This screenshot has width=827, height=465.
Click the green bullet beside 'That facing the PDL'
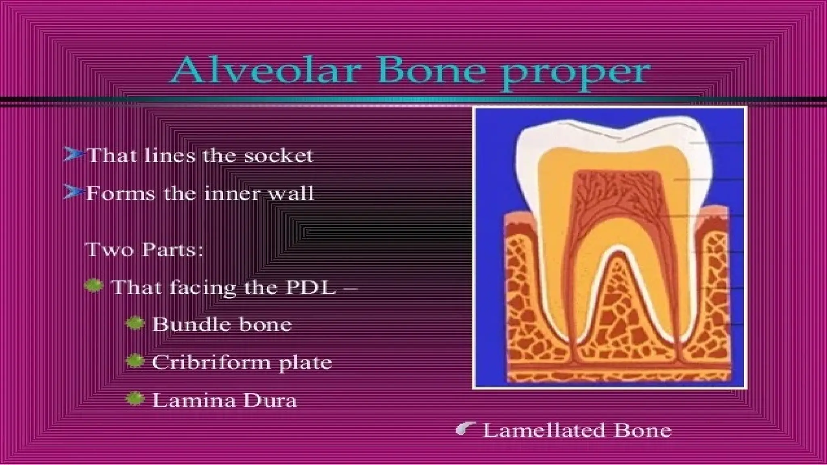tap(94, 286)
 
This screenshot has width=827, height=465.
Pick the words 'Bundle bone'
tap(222, 325)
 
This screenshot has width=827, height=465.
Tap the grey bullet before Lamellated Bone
tap(465, 429)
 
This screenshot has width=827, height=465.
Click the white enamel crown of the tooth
tap(529, 161)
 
